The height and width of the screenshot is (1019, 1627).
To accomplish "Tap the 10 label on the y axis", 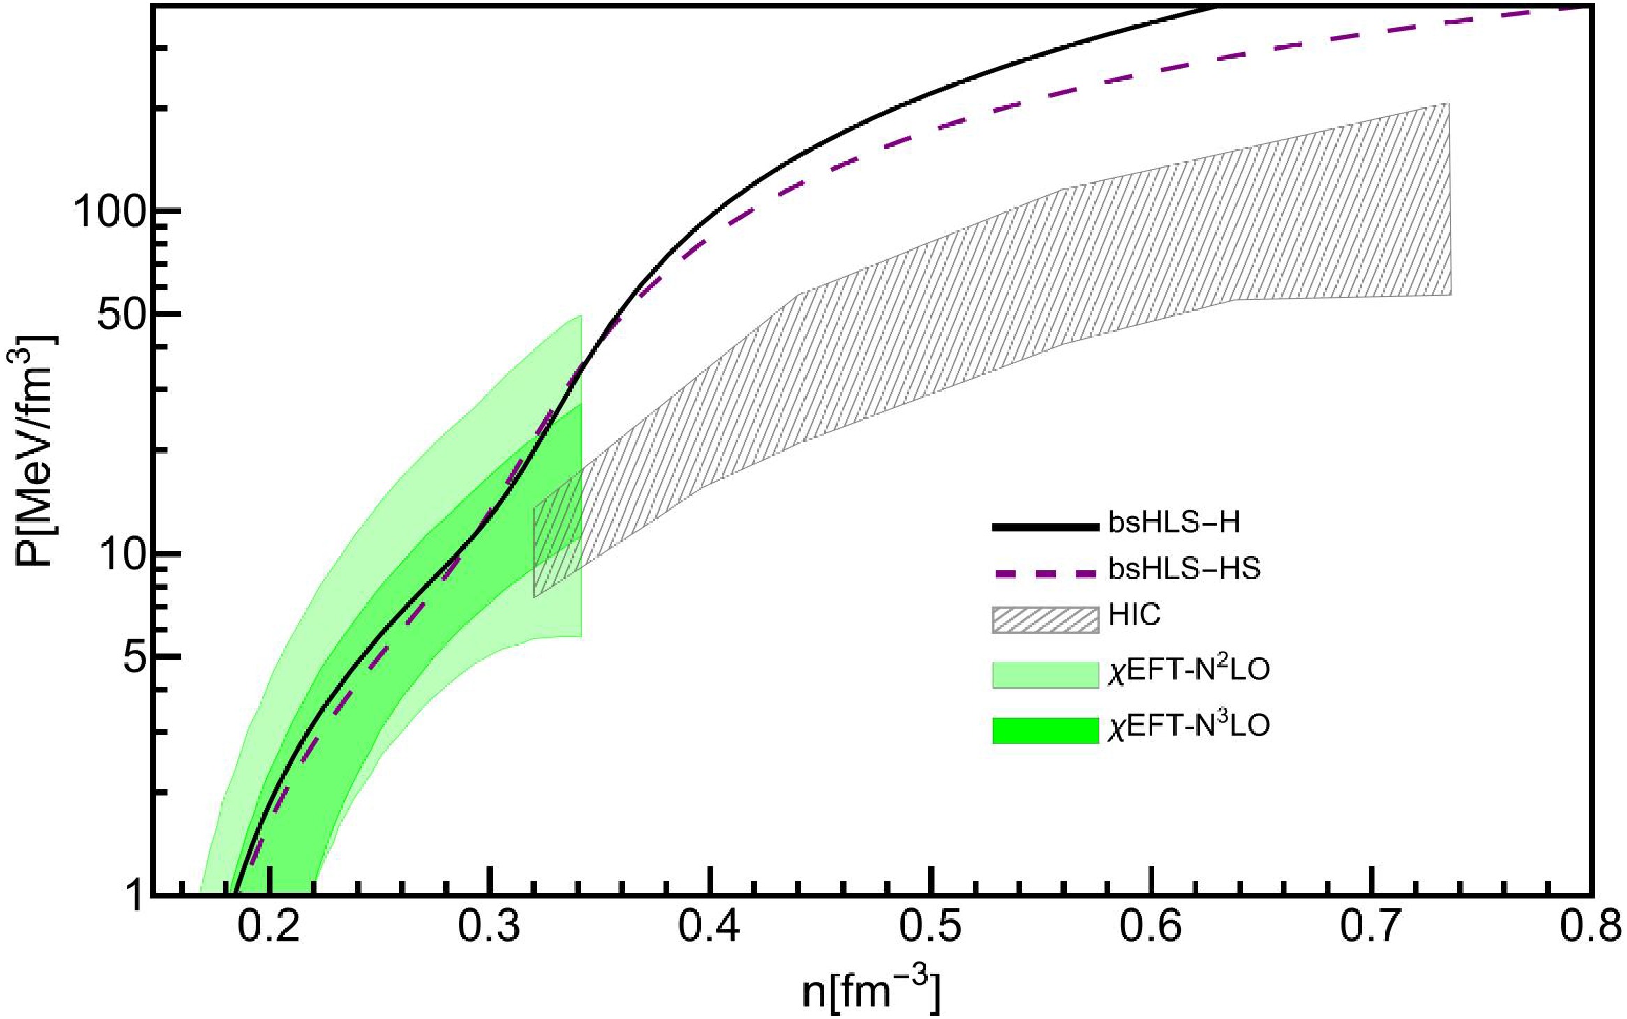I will pyautogui.click(x=119, y=556).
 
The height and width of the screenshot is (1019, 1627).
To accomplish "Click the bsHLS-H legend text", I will pyautogui.click(x=1174, y=523).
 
